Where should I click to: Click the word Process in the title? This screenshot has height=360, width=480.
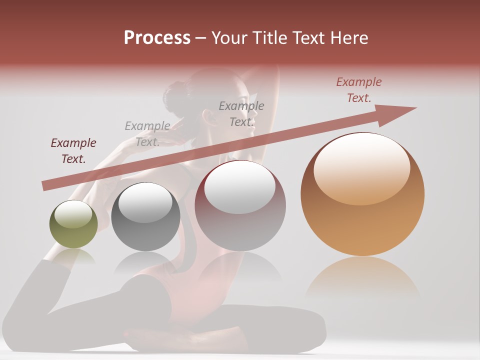(157, 38)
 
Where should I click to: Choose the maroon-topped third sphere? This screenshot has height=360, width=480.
(240, 205)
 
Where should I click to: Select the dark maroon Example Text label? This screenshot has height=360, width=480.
(73, 151)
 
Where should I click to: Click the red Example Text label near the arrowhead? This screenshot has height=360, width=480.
(359, 90)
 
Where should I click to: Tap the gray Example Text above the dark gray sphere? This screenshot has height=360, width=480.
(147, 133)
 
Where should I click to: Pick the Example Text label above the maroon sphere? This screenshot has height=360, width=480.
(241, 113)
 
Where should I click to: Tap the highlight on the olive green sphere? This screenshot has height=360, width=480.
(73, 214)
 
